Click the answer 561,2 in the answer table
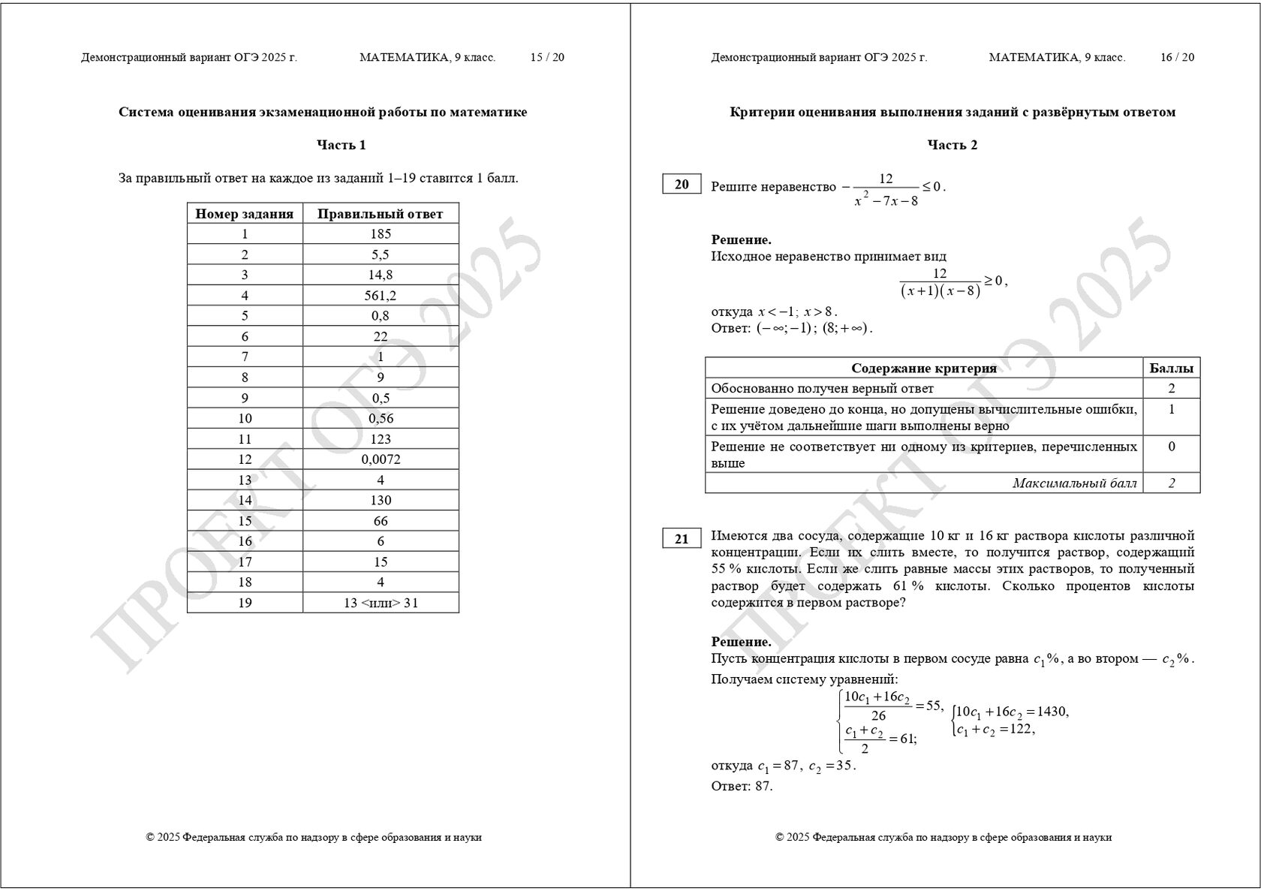pos(381,296)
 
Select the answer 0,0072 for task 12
pos(381,459)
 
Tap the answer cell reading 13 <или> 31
pos(381,603)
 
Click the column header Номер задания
pos(245,214)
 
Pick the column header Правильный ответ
pos(381,214)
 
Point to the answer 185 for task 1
pos(381,234)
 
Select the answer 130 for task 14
pos(381,501)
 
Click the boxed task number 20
pos(682,185)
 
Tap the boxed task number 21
pos(682,539)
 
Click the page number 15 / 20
pos(547,58)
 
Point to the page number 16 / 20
pos(1177,58)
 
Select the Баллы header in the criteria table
pos(1171,368)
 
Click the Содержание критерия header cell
pos(924,368)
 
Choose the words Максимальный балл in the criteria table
pos(1074,483)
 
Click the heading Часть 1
pos(342,145)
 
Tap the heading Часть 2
pos(953,145)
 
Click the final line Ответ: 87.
pos(742,787)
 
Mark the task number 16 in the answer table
pos(245,541)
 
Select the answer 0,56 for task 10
pos(381,419)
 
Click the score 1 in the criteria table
pos(1171,410)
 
